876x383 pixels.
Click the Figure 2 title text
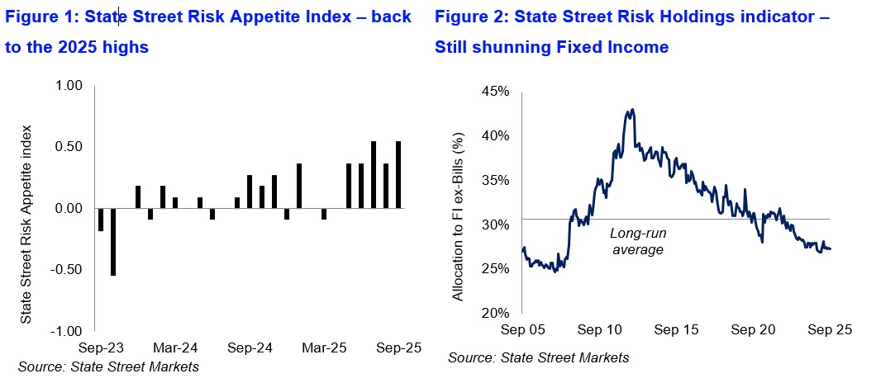click(x=632, y=31)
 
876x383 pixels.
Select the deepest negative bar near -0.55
click(x=113, y=242)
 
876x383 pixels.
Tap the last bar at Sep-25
click(x=399, y=174)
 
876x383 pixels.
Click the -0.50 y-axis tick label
click(x=69, y=269)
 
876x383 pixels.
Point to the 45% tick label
click(x=498, y=92)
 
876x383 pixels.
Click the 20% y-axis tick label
click(x=498, y=314)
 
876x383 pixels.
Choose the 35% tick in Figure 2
click(x=498, y=181)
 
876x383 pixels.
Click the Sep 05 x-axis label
click(x=524, y=329)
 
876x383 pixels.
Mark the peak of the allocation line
click(x=632, y=109)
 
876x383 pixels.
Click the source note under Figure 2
click(x=538, y=357)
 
